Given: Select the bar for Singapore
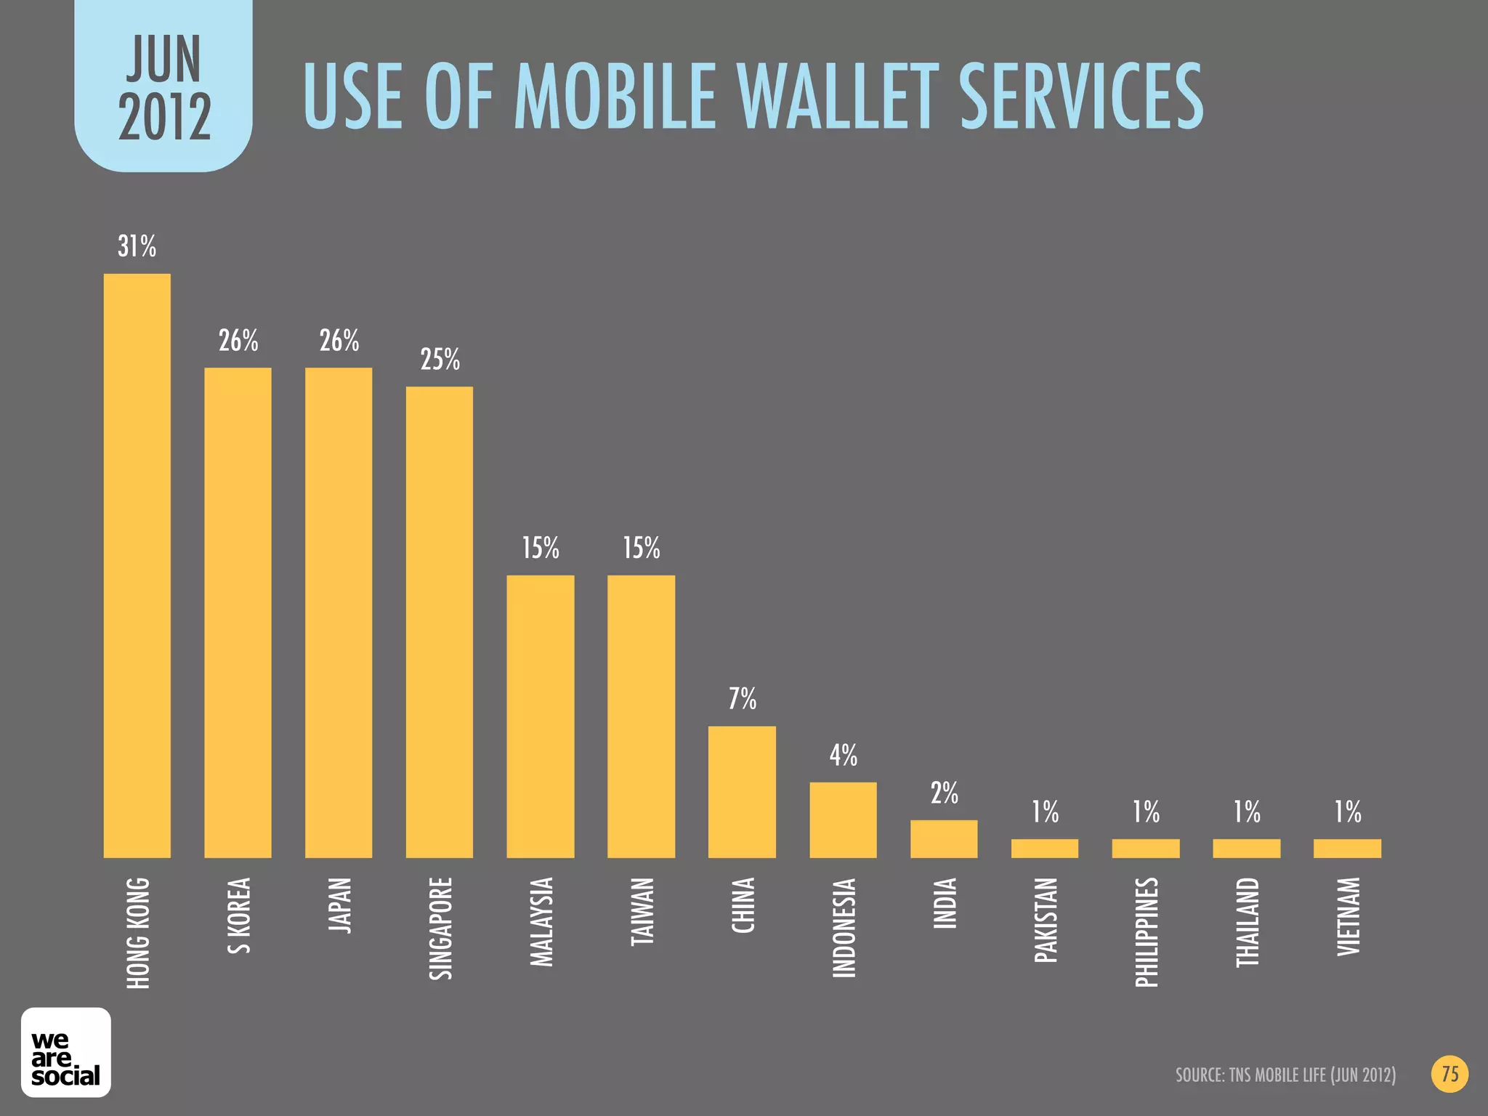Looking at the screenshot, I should tap(440, 622).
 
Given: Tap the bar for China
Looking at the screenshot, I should tap(742, 792).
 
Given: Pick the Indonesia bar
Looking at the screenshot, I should tap(843, 820).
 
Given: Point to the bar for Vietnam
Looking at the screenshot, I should tap(1347, 848).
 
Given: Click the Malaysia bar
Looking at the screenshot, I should tap(541, 716).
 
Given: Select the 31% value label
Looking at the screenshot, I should tap(137, 247).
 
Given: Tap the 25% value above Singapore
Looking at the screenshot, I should tap(440, 360).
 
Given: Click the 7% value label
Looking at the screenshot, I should tap(743, 699).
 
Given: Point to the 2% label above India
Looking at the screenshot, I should tap(945, 793).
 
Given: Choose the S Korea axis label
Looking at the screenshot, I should tap(238, 915).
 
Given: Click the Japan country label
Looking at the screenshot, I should tap(339, 905).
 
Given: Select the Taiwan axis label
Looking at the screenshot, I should tap(642, 911).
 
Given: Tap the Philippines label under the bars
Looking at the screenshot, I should tap(1146, 932).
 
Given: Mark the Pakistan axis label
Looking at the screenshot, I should tap(1045, 920).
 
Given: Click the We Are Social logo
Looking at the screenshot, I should tap(66, 1052).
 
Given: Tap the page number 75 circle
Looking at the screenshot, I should tap(1449, 1074).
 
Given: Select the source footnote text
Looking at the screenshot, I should tap(1285, 1075).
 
